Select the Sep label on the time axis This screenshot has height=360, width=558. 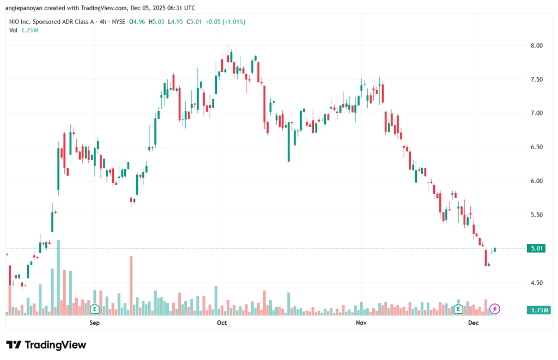click(94, 323)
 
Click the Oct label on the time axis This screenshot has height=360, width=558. click(222, 323)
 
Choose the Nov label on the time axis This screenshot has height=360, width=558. click(361, 323)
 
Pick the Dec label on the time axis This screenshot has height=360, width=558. click(473, 323)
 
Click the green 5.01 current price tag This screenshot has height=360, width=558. click(538, 248)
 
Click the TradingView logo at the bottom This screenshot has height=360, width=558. click(46, 345)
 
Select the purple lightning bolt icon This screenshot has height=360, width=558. click(494, 309)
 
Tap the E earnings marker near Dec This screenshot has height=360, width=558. click(458, 309)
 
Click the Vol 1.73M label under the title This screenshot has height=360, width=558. click(23, 30)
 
